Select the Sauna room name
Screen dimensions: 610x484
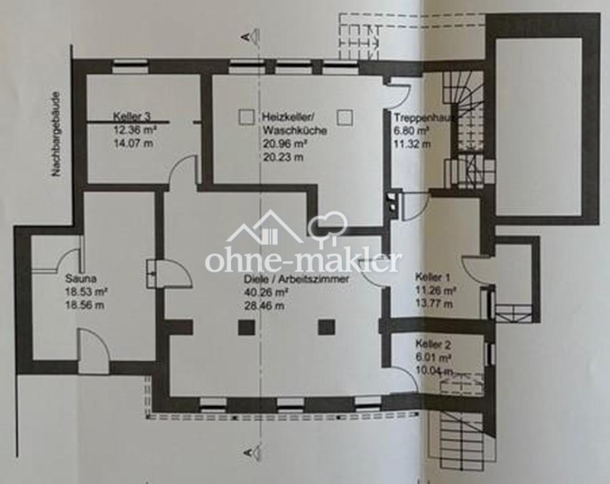[81, 279]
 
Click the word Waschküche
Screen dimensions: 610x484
[294, 130]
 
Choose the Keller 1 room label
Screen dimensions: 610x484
[432, 277]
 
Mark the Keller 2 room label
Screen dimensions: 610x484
[433, 344]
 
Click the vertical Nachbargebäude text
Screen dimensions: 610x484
[57, 134]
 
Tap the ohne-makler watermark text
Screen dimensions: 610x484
[302, 261]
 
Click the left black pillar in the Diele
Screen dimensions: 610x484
[247, 328]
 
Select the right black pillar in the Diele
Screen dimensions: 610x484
[327, 327]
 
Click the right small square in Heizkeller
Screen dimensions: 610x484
[345, 117]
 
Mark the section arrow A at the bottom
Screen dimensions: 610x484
[251, 452]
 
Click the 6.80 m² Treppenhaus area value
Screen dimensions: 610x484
[412, 131]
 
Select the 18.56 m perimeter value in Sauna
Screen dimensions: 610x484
[84, 305]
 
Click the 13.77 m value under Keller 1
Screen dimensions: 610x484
[434, 303]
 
